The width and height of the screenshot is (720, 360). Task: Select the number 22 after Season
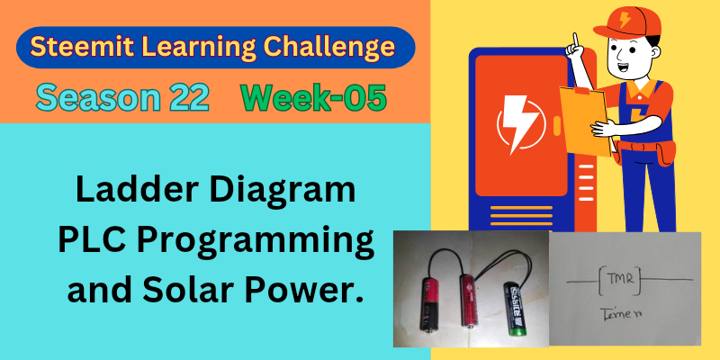pyautogui.click(x=189, y=98)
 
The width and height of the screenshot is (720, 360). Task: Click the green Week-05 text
pyautogui.click(x=313, y=98)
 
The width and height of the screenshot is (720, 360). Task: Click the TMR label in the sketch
pyautogui.click(x=619, y=279)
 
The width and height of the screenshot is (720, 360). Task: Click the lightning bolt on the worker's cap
pyautogui.click(x=625, y=19)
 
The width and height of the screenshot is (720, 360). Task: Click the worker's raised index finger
pyautogui.click(x=574, y=40)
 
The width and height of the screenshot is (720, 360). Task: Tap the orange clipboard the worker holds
pyautogui.click(x=584, y=120)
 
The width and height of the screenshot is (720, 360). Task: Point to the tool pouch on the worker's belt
pyautogui.click(x=666, y=152)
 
